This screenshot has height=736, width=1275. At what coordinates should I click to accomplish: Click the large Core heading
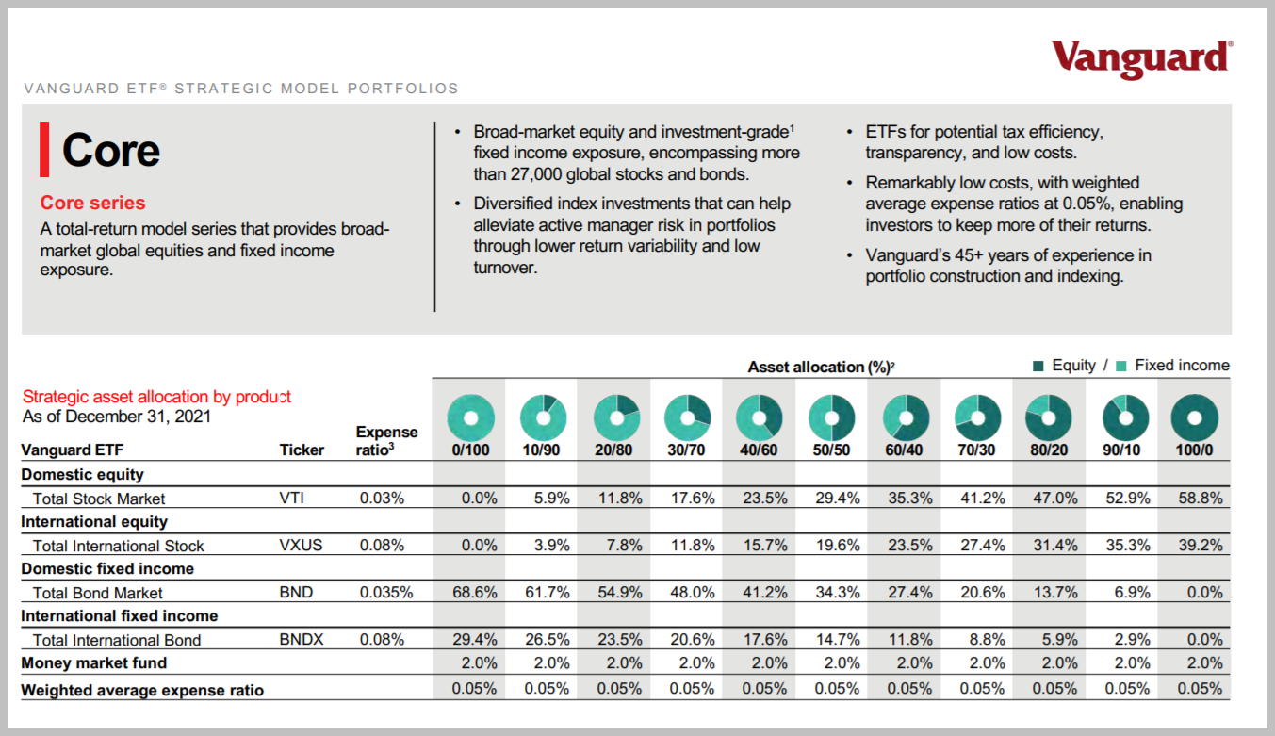pos(110,150)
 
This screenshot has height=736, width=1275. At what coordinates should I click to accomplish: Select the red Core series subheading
pos(92,203)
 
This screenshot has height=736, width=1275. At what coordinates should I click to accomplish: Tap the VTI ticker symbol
pos(293,499)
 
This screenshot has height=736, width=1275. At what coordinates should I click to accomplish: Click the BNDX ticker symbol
pos(302,640)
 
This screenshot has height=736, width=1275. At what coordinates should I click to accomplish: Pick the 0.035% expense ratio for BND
pos(385,593)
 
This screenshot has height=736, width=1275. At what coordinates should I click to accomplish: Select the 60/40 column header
pos(904,450)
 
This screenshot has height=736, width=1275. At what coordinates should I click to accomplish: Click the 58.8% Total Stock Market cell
pos(1200,499)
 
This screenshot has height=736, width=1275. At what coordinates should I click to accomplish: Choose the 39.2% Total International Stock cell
pos(1200,546)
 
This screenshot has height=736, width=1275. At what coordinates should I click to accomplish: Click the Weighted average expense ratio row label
pos(142,690)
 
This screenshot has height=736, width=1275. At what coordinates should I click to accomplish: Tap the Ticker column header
pos(302,450)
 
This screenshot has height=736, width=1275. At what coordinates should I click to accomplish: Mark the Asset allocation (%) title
pos(820,367)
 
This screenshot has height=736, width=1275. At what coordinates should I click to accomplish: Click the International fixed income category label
pos(119,616)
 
